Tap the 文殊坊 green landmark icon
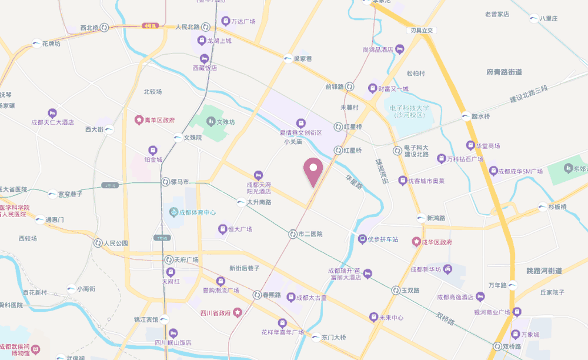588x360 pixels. point(211,122)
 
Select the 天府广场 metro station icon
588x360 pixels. point(168,259)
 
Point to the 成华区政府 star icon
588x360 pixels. point(416,242)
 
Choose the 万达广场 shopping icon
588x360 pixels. point(225,21)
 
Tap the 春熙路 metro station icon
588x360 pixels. point(257,294)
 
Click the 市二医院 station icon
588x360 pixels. point(292,234)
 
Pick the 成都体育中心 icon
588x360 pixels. point(173,212)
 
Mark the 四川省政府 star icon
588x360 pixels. point(237,312)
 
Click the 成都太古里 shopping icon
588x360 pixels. point(290,298)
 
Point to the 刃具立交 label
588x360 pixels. point(422,30)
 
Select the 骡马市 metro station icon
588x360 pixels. point(165,182)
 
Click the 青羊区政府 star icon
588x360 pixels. point(139,119)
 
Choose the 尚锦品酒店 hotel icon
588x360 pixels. point(400,49)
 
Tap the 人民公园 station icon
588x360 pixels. point(97,242)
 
